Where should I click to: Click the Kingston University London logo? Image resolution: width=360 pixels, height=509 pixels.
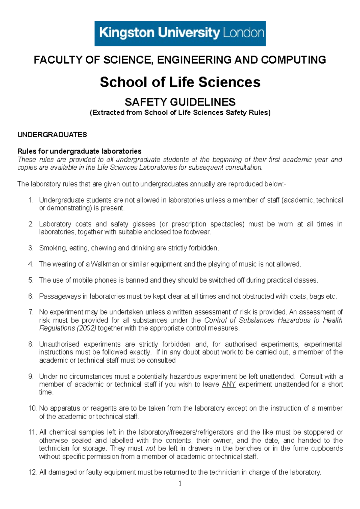point(180,33)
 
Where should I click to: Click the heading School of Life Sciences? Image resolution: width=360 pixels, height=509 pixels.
point(180,82)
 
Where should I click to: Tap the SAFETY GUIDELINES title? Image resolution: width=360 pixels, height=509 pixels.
point(180,102)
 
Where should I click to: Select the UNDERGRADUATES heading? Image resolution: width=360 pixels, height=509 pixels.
point(52,135)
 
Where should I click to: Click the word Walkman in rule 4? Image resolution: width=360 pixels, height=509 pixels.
point(105,264)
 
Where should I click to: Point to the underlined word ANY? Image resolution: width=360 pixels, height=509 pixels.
point(229,384)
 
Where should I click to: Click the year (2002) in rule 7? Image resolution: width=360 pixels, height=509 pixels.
point(86,328)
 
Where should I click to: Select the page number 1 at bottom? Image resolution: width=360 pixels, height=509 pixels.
point(180,483)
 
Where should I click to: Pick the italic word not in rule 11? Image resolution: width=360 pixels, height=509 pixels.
point(151,448)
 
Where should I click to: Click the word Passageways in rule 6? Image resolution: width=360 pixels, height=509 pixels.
point(59,296)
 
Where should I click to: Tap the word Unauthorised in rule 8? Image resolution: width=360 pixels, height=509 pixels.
point(59,344)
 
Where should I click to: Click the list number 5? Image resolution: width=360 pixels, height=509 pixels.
point(31,280)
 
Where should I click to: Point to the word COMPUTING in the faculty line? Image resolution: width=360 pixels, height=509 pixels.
point(293,60)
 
